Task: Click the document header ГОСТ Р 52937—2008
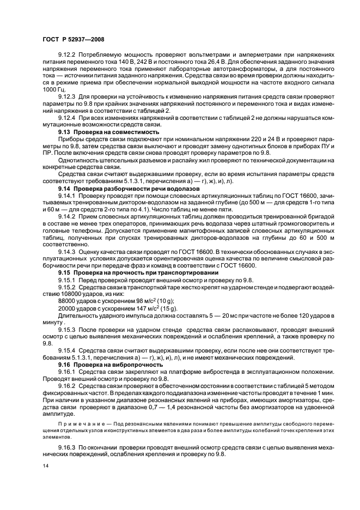73,39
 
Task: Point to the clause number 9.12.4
68,117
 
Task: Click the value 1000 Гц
54,89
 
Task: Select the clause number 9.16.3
68,446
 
